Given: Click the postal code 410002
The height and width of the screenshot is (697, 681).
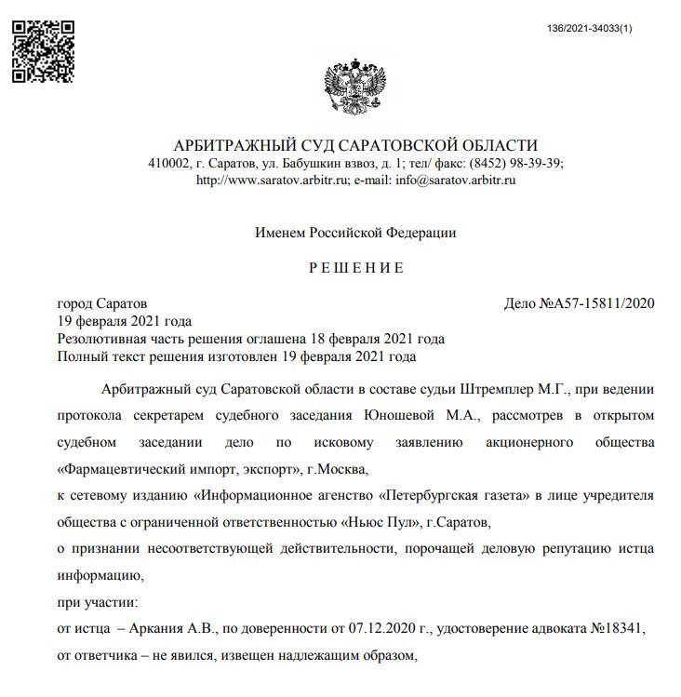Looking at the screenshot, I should click(x=168, y=163).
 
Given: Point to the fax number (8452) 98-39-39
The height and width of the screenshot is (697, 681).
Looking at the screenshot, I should click(x=516, y=163).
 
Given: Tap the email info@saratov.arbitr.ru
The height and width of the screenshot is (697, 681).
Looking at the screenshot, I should click(x=456, y=180).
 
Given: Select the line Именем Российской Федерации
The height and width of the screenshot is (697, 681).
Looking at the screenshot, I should click(x=356, y=233).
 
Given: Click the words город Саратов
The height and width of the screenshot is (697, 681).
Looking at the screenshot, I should click(x=102, y=303).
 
